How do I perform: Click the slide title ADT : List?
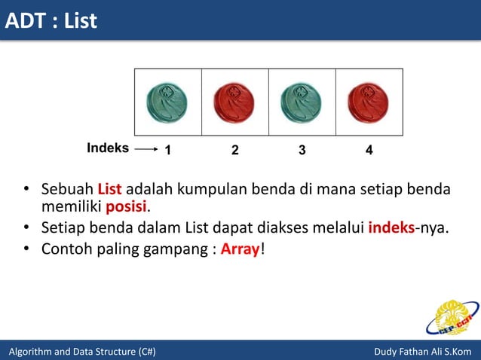pos(51,20)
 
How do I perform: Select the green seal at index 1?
pos(167,102)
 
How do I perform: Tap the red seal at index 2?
pos(234,102)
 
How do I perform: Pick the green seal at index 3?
pos(302,102)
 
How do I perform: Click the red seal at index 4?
pos(369,102)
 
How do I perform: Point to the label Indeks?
pos(108,148)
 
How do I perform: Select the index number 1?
pos(167,150)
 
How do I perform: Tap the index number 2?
pos(234,150)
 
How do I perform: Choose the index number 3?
pos(302,150)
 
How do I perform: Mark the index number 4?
pos(369,150)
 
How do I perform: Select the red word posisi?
pos(126,206)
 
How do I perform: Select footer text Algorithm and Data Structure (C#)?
pos(82,352)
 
